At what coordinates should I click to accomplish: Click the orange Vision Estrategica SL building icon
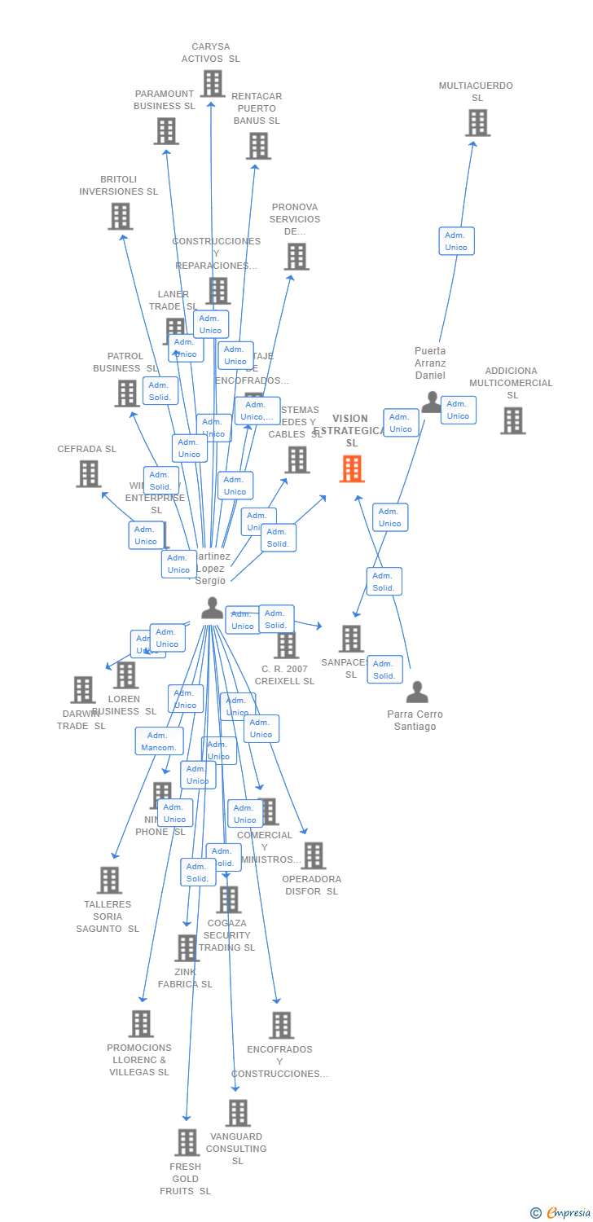tap(351, 468)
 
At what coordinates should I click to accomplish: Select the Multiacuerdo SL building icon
tap(477, 123)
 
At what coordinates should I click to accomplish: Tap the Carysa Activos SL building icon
tap(212, 83)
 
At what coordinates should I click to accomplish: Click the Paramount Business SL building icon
tap(165, 131)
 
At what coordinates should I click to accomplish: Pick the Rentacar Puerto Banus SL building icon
tap(258, 146)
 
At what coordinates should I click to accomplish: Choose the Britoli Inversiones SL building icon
tap(121, 216)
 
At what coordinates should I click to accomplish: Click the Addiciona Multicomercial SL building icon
tap(512, 420)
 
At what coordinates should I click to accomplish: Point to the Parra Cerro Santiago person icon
tap(417, 692)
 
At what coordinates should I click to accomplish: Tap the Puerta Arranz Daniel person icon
tap(431, 402)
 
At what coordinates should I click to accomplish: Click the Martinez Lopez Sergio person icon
tap(212, 608)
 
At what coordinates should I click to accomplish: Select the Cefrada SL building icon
tap(88, 473)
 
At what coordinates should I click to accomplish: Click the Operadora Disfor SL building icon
tap(313, 855)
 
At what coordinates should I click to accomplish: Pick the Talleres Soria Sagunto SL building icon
tap(109, 880)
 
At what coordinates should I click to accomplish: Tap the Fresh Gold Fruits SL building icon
tap(187, 1142)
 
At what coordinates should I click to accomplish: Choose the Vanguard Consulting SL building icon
tap(238, 1113)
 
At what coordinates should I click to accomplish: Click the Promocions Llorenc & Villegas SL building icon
tap(141, 1024)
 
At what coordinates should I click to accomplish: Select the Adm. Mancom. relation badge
tap(159, 741)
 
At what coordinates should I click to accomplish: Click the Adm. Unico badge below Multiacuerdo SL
tap(456, 241)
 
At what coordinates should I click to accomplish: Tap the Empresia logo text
tap(568, 1213)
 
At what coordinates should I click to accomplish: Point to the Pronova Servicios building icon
tap(296, 257)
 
